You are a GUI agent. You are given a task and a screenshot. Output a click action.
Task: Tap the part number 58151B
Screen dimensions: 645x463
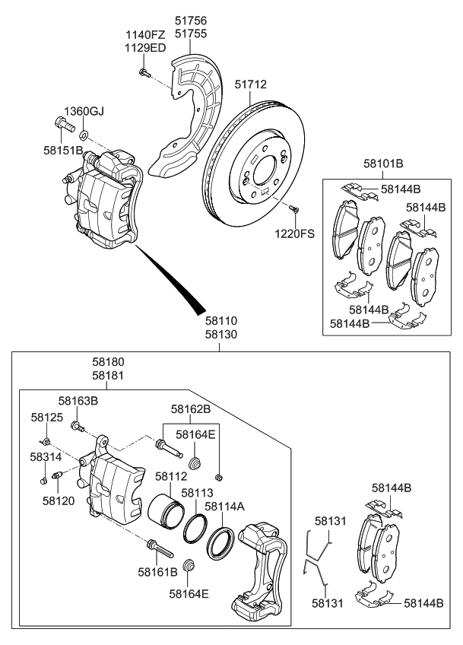tap(62, 150)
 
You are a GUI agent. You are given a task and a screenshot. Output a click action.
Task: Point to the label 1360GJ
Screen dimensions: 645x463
tap(83, 112)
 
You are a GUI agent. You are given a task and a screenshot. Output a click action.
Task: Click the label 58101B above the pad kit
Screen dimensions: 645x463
tap(382, 164)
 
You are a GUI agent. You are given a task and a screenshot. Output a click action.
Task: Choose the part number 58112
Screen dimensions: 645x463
tap(171, 476)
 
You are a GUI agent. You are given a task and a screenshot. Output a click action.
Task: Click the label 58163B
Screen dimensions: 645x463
tap(78, 400)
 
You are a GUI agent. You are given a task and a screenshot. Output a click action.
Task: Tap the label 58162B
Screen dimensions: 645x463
tap(190, 408)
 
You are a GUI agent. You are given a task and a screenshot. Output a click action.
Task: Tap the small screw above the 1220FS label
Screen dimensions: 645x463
tap(296, 208)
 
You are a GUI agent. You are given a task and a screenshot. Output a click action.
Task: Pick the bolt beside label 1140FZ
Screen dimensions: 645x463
tap(143, 73)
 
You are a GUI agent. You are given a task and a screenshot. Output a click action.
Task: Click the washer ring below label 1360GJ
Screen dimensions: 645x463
tap(84, 135)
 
